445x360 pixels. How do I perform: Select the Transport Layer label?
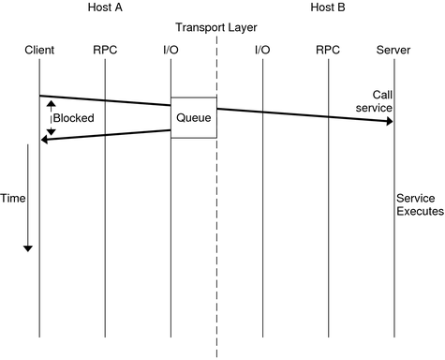216,27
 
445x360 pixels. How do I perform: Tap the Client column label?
39,49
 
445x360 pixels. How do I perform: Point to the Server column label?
393,49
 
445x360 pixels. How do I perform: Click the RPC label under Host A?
105,49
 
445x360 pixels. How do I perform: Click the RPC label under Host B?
329,49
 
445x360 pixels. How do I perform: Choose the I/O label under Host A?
171,49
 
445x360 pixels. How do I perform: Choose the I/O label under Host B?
263,49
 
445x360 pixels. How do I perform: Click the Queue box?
194,118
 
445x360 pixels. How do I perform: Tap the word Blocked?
73,119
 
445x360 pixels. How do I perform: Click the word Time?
13,199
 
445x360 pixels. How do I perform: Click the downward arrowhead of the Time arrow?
28,247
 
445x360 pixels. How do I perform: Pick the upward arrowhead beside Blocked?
52,103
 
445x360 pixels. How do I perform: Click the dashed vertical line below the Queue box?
216,244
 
